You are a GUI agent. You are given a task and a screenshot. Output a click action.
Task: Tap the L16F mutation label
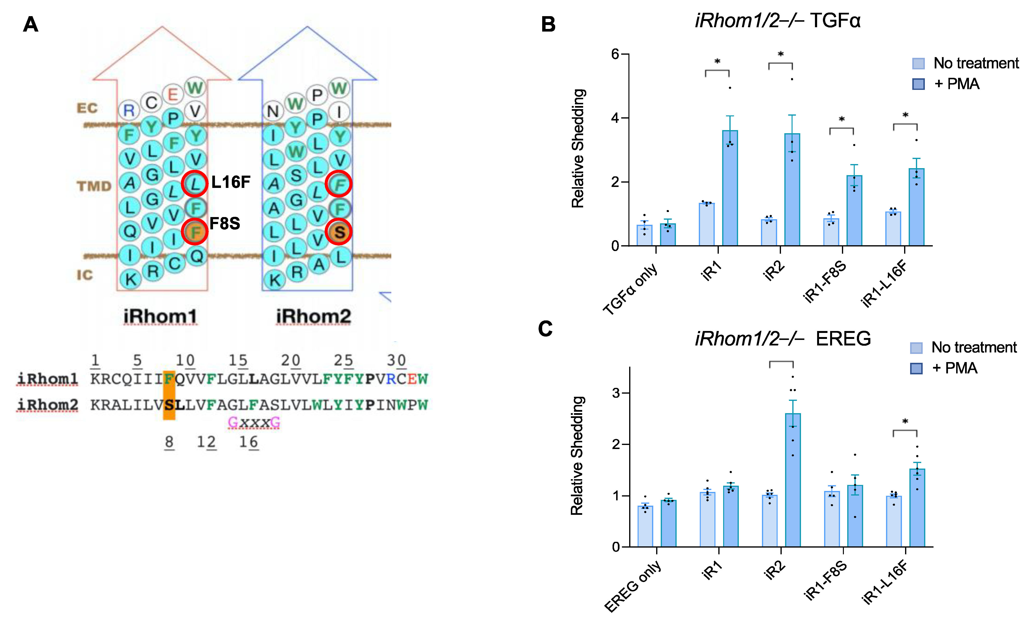pyautogui.click(x=231, y=182)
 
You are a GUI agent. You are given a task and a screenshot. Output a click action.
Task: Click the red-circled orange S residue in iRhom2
pyautogui.click(x=339, y=232)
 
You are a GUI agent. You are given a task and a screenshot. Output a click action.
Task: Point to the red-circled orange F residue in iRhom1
pyautogui.click(x=195, y=232)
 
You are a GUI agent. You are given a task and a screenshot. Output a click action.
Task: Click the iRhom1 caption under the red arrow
pyautogui.click(x=160, y=317)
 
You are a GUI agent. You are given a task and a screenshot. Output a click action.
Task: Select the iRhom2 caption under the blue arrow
pyautogui.click(x=313, y=317)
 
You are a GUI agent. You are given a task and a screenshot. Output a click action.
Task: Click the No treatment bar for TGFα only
pyautogui.click(x=644, y=235)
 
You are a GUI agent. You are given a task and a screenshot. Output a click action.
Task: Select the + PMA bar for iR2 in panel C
pyautogui.click(x=793, y=479)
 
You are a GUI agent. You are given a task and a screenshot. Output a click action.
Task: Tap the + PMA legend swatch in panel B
pyautogui.click(x=918, y=84)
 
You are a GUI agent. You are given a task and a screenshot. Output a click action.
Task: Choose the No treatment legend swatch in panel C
pyautogui.click(x=916, y=347)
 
